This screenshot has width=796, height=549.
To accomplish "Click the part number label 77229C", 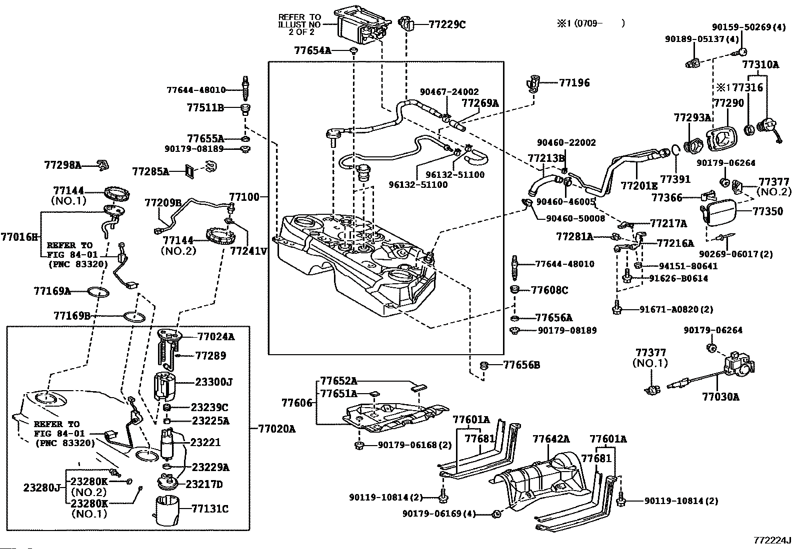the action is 446,24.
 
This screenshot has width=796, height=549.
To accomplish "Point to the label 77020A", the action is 277,429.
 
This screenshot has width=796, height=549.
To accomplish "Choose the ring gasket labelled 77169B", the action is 134,316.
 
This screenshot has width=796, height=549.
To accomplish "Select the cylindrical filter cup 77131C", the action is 167,511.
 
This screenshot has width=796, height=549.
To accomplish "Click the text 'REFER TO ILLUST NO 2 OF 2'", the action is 299,24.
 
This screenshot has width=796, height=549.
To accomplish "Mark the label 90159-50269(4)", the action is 748,27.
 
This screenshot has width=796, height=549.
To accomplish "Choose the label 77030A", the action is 720,397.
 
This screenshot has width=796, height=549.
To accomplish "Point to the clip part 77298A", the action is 103,164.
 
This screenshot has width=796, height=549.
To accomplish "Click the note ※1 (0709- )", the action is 590,23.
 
